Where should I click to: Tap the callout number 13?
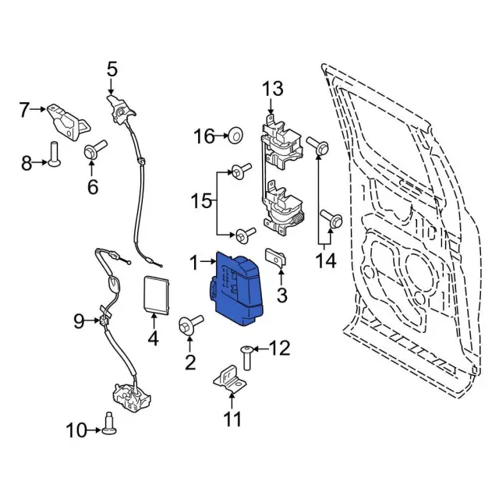[273, 89]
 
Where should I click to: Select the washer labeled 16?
[232, 138]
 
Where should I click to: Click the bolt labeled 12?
[247, 356]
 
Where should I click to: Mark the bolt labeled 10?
[110, 423]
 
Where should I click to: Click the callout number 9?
[79, 320]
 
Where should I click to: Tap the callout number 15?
[201, 201]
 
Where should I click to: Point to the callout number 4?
[153, 338]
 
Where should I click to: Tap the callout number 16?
[203, 137]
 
